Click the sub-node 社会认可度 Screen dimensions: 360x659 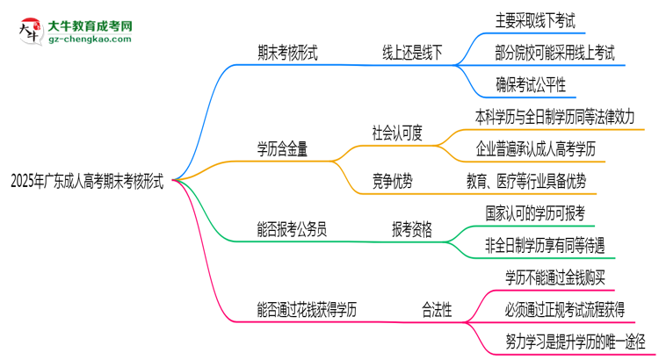click(397, 133)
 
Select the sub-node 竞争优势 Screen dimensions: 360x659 click(392, 181)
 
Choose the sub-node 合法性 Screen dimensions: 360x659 click(436, 309)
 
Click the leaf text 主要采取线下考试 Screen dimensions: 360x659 click(540, 18)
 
